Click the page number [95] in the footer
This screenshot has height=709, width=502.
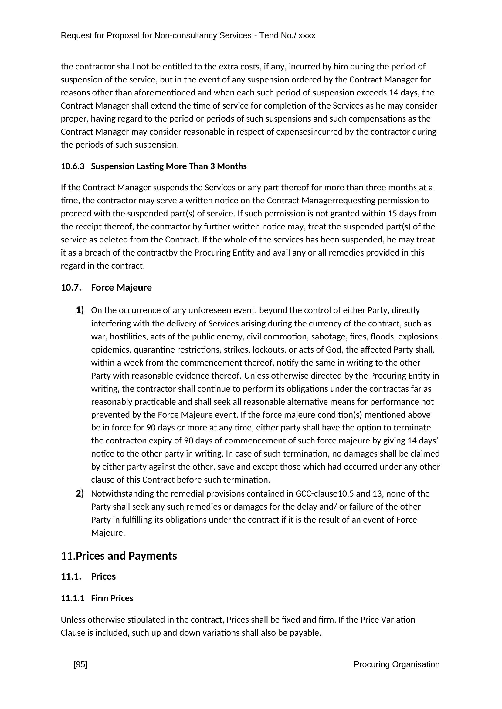(x=80, y=664)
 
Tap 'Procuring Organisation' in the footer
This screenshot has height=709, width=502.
(x=396, y=664)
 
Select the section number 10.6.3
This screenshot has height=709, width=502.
(x=72, y=166)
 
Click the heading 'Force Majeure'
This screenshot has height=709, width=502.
(x=121, y=287)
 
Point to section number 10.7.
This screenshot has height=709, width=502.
(x=71, y=287)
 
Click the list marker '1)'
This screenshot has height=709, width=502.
(x=80, y=310)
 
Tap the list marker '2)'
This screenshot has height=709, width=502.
(x=80, y=493)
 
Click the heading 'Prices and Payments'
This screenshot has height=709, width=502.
(x=126, y=556)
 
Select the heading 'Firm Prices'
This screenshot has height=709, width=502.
(x=112, y=598)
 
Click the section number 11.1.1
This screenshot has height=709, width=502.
(x=72, y=598)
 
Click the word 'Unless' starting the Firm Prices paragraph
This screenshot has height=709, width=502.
(x=73, y=620)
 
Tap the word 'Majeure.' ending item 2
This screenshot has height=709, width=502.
(x=108, y=533)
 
